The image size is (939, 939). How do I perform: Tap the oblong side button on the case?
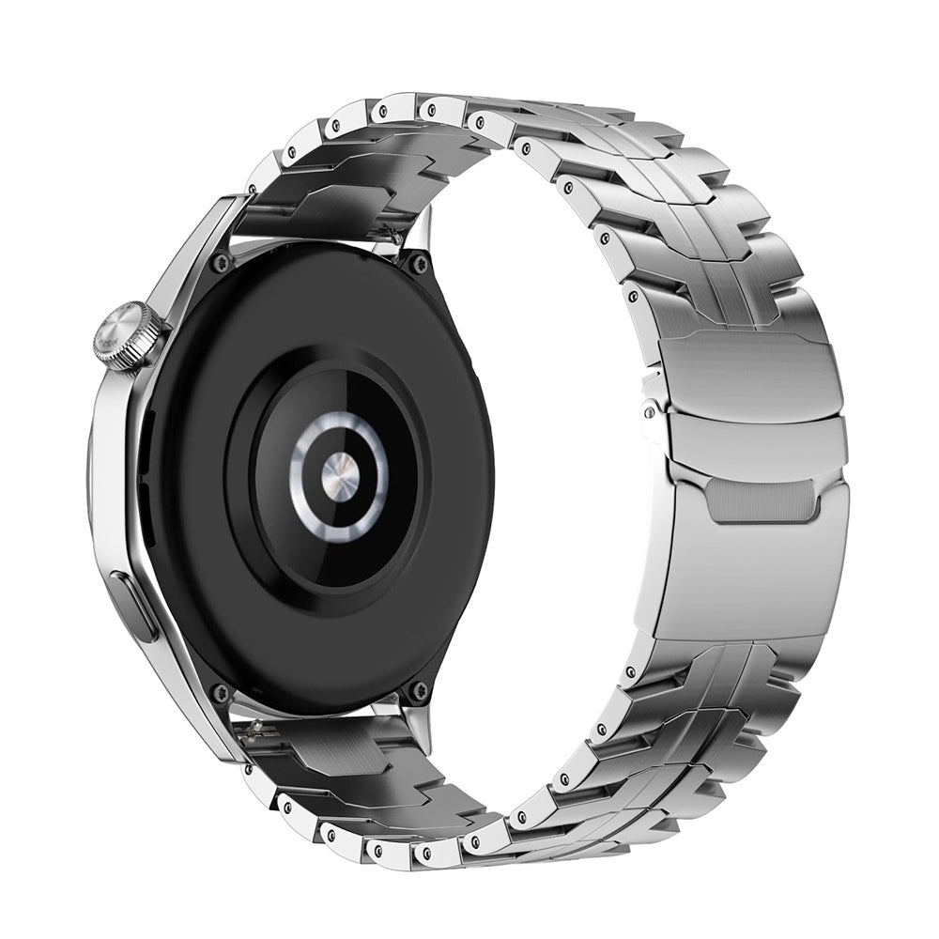134,607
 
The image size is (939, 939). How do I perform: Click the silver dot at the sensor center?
338,476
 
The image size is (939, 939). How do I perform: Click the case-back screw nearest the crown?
222,262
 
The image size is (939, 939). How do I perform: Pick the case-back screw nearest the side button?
221,693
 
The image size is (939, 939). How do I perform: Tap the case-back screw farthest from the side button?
419,264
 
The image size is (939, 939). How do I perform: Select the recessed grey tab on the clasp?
761,499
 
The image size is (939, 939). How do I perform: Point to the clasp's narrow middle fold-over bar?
751,440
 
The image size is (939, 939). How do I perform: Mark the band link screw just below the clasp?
628,671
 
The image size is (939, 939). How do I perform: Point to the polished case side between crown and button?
113,469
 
